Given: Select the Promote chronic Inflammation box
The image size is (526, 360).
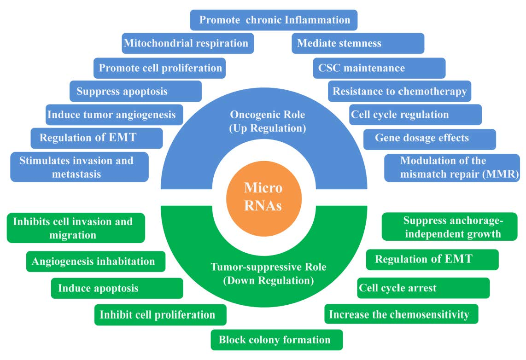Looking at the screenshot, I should tap(274, 20).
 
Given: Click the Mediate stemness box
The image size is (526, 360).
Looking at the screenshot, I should tap(358, 43).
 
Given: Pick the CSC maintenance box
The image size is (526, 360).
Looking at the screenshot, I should tap(379, 68).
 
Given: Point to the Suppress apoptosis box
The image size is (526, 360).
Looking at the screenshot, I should tap(135, 91).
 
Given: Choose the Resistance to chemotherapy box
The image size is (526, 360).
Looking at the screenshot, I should tap(399, 91).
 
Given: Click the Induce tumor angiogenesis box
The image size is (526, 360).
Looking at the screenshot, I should tap(114, 115).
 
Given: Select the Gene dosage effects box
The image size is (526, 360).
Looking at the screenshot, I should tap(429, 139).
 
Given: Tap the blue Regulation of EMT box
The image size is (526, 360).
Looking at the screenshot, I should tap(96, 138).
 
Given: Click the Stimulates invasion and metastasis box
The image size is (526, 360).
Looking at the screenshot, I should tap(79, 167).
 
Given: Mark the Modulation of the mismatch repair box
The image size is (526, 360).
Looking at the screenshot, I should tap(452, 168).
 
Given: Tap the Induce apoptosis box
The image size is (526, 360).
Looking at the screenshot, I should tap(117, 289).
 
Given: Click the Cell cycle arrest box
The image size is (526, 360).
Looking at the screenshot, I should tap(423, 288).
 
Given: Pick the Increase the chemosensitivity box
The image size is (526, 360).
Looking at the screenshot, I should tap(401, 314).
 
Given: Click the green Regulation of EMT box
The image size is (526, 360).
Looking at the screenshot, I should tap(432, 259).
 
